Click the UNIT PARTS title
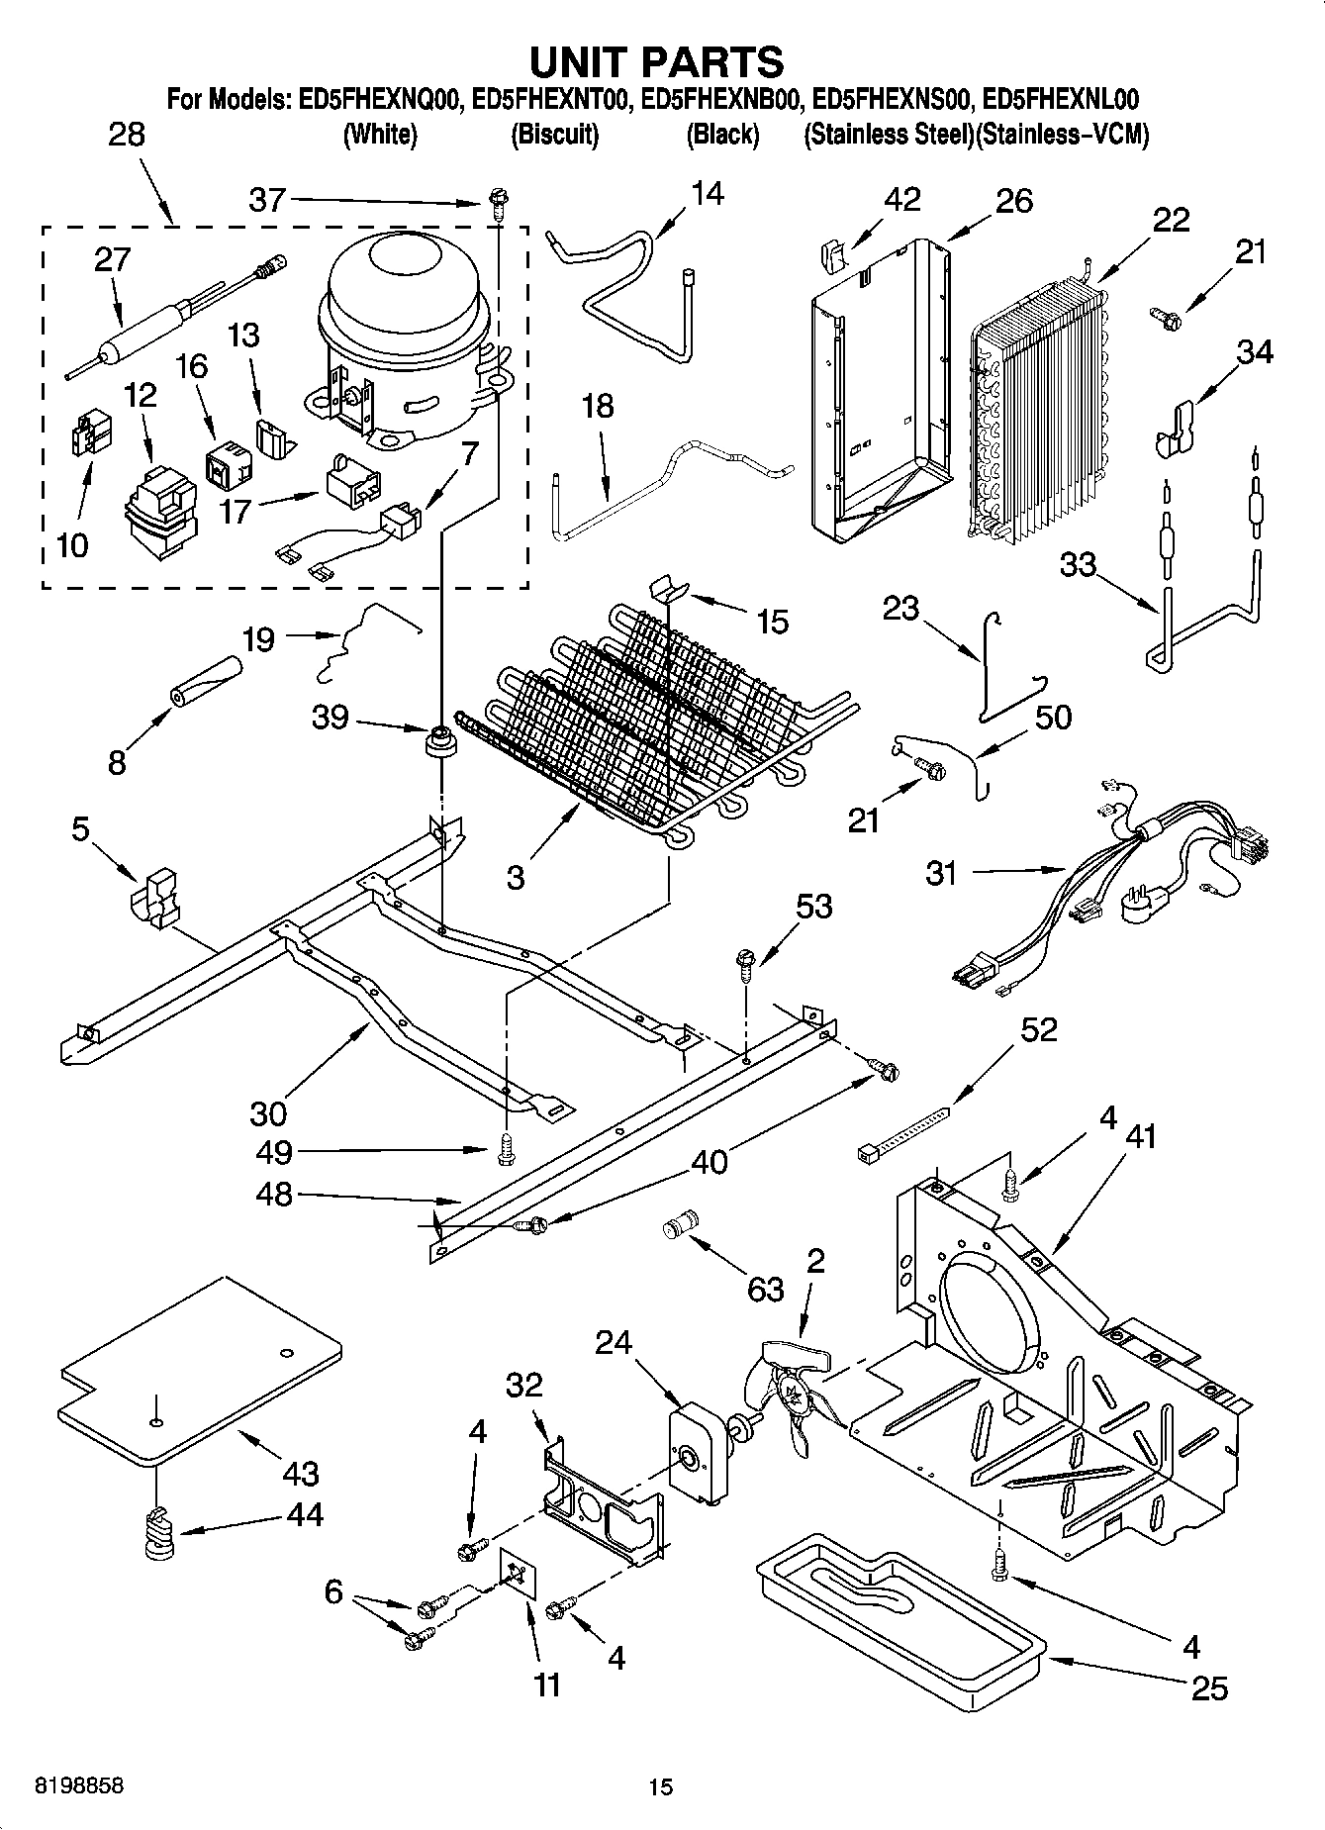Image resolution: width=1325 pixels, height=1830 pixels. [657, 61]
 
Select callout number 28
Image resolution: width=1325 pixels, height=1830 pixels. [126, 136]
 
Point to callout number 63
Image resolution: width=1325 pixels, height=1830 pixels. [765, 1289]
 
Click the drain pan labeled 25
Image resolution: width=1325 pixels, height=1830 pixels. [900, 1622]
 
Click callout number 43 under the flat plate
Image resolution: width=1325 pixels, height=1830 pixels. [301, 1475]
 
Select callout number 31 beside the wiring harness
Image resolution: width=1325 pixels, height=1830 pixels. [941, 874]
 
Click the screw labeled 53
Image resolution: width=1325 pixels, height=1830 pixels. [747, 960]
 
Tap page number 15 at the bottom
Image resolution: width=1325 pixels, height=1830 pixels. [660, 1786]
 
